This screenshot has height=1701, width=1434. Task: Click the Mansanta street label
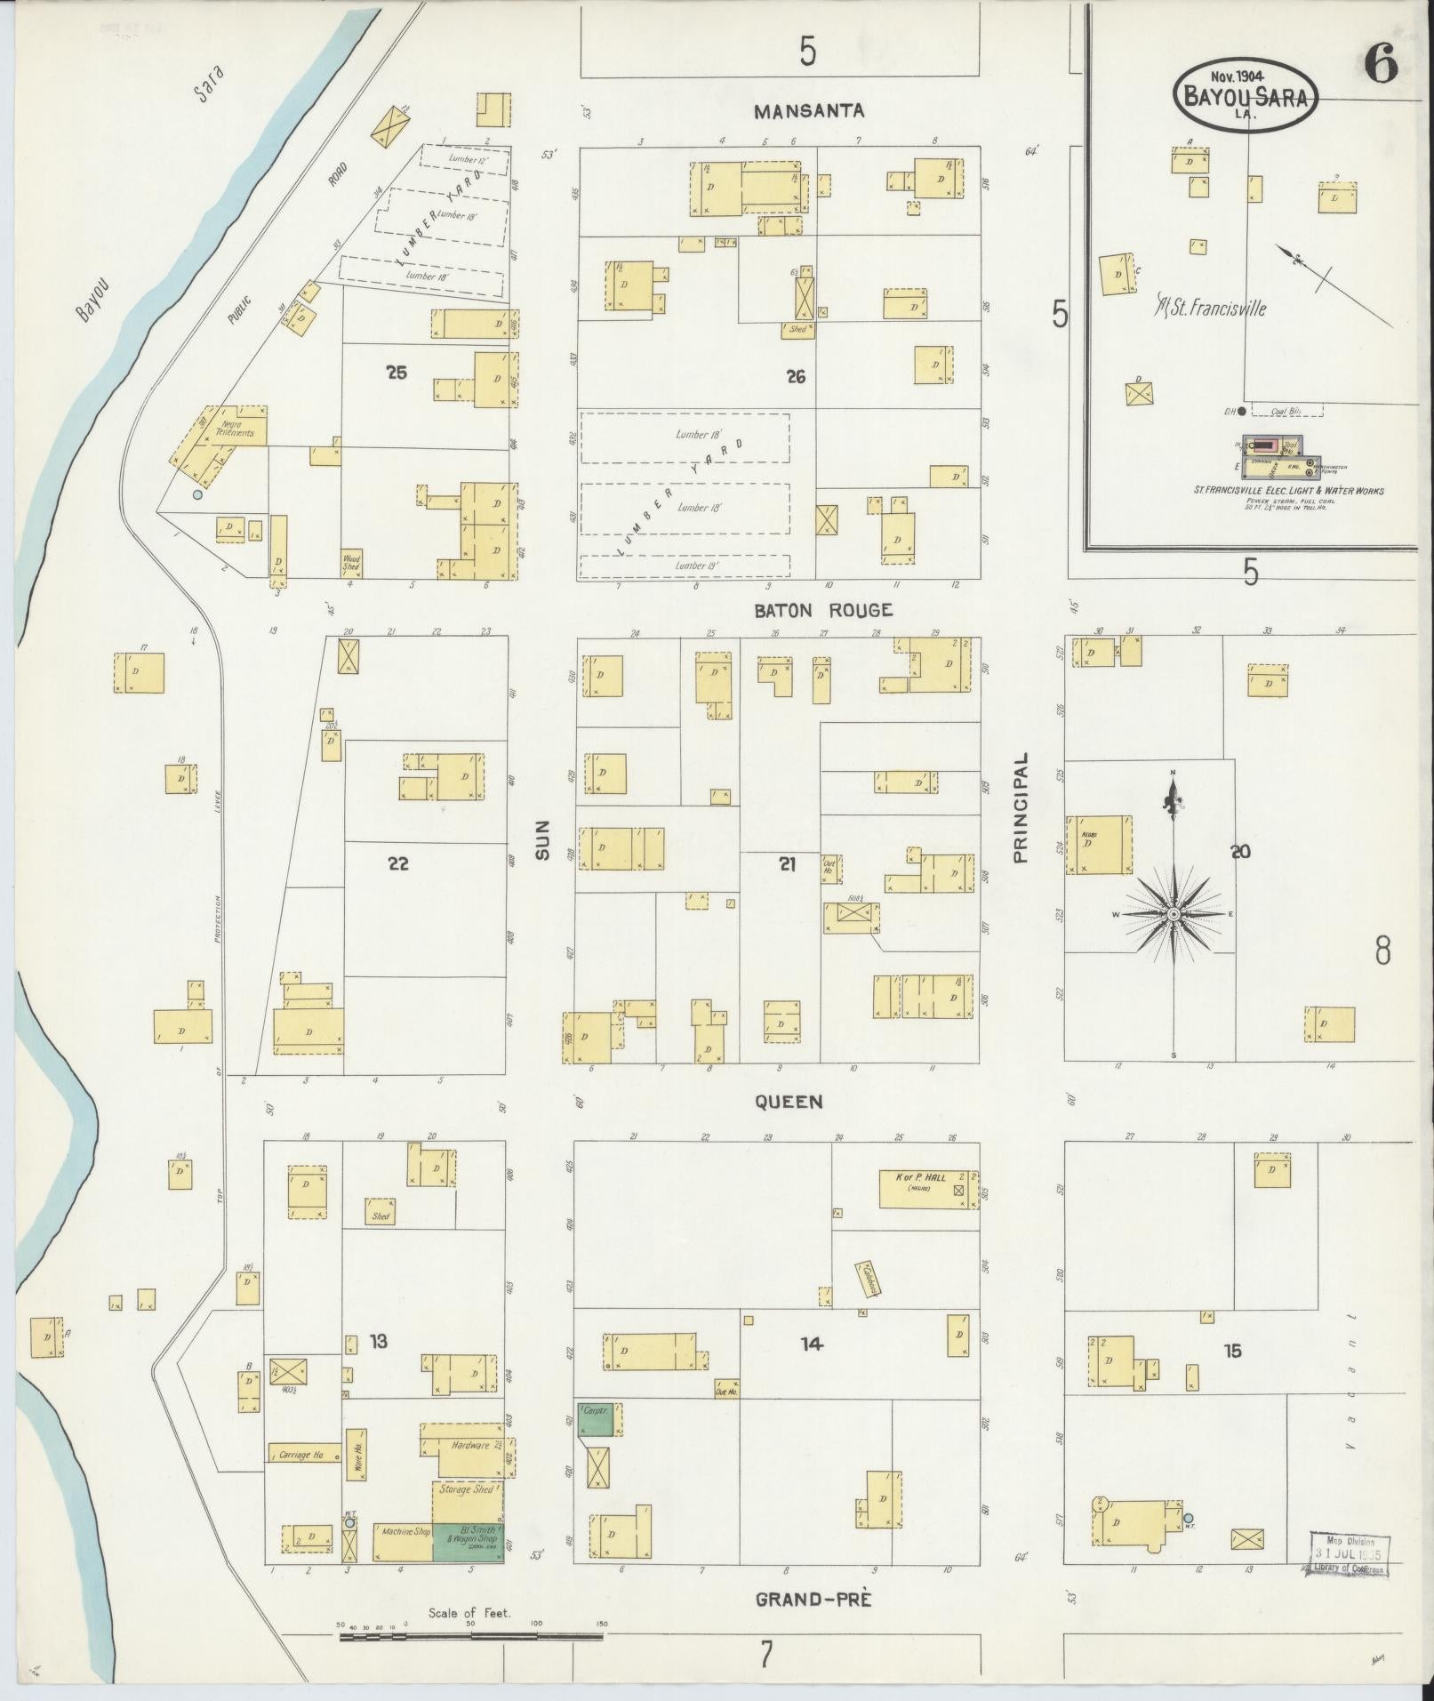pyautogui.click(x=808, y=111)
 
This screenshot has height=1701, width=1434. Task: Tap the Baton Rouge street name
pyautogui.click(x=822, y=610)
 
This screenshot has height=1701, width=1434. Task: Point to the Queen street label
pyautogui.click(x=789, y=1102)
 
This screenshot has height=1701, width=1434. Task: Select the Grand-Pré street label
pyautogui.click(x=813, y=1600)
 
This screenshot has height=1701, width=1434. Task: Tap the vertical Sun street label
pyautogui.click(x=541, y=839)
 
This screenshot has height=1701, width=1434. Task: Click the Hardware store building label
pyautogui.click(x=470, y=1445)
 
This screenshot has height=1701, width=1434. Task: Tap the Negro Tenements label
pyautogui.click(x=237, y=429)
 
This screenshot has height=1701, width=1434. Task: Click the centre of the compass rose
pyautogui.click(x=1174, y=914)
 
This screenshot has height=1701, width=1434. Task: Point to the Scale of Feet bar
pyautogui.click(x=471, y=1635)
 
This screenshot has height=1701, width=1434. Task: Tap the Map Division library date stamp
pyautogui.click(x=1349, y=1553)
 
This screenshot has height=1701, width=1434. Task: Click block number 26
pyautogui.click(x=796, y=377)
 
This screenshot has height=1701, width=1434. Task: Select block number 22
pyautogui.click(x=397, y=863)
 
